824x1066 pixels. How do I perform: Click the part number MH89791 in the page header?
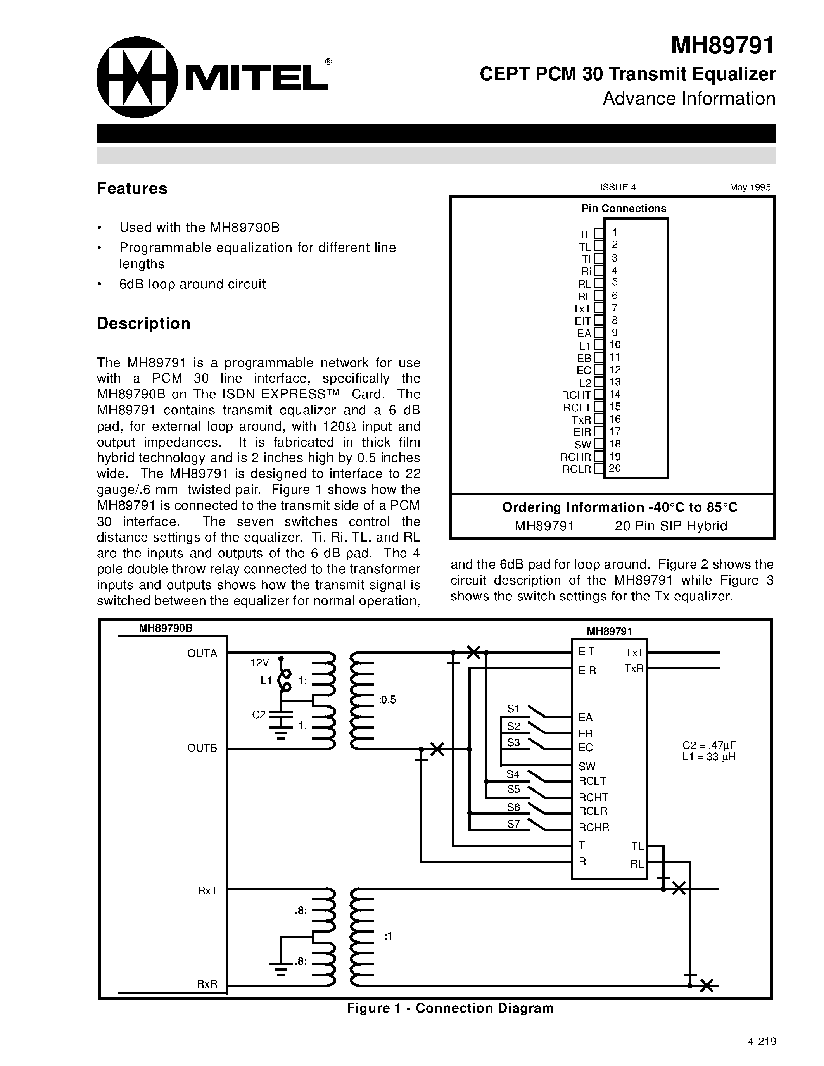coord(722,46)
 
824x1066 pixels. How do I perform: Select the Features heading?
coord(132,188)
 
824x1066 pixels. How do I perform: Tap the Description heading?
coord(143,323)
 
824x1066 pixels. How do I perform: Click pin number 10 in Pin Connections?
coord(615,345)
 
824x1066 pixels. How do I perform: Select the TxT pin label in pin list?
coord(582,309)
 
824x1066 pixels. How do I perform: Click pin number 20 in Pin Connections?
coord(615,469)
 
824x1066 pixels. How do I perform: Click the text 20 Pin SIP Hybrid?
coord(671,526)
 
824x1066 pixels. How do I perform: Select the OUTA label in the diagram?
coord(202,654)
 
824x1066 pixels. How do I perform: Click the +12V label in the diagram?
coord(256,663)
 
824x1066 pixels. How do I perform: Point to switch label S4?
coord(513,774)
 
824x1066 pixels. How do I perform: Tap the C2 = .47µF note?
coord(709,745)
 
